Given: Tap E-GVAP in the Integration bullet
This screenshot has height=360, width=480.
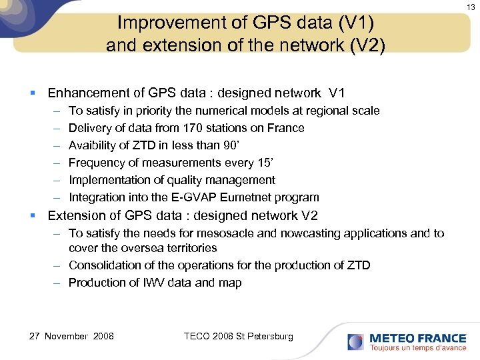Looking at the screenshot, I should click(x=195, y=197).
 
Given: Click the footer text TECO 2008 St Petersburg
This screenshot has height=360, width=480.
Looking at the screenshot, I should click(x=238, y=336).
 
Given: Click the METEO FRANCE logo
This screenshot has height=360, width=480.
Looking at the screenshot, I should click(x=406, y=341).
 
